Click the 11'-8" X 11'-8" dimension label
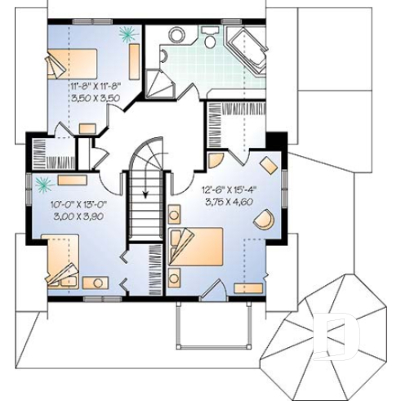[95, 86]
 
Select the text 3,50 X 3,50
[95, 97]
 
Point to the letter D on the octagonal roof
[331, 336]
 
